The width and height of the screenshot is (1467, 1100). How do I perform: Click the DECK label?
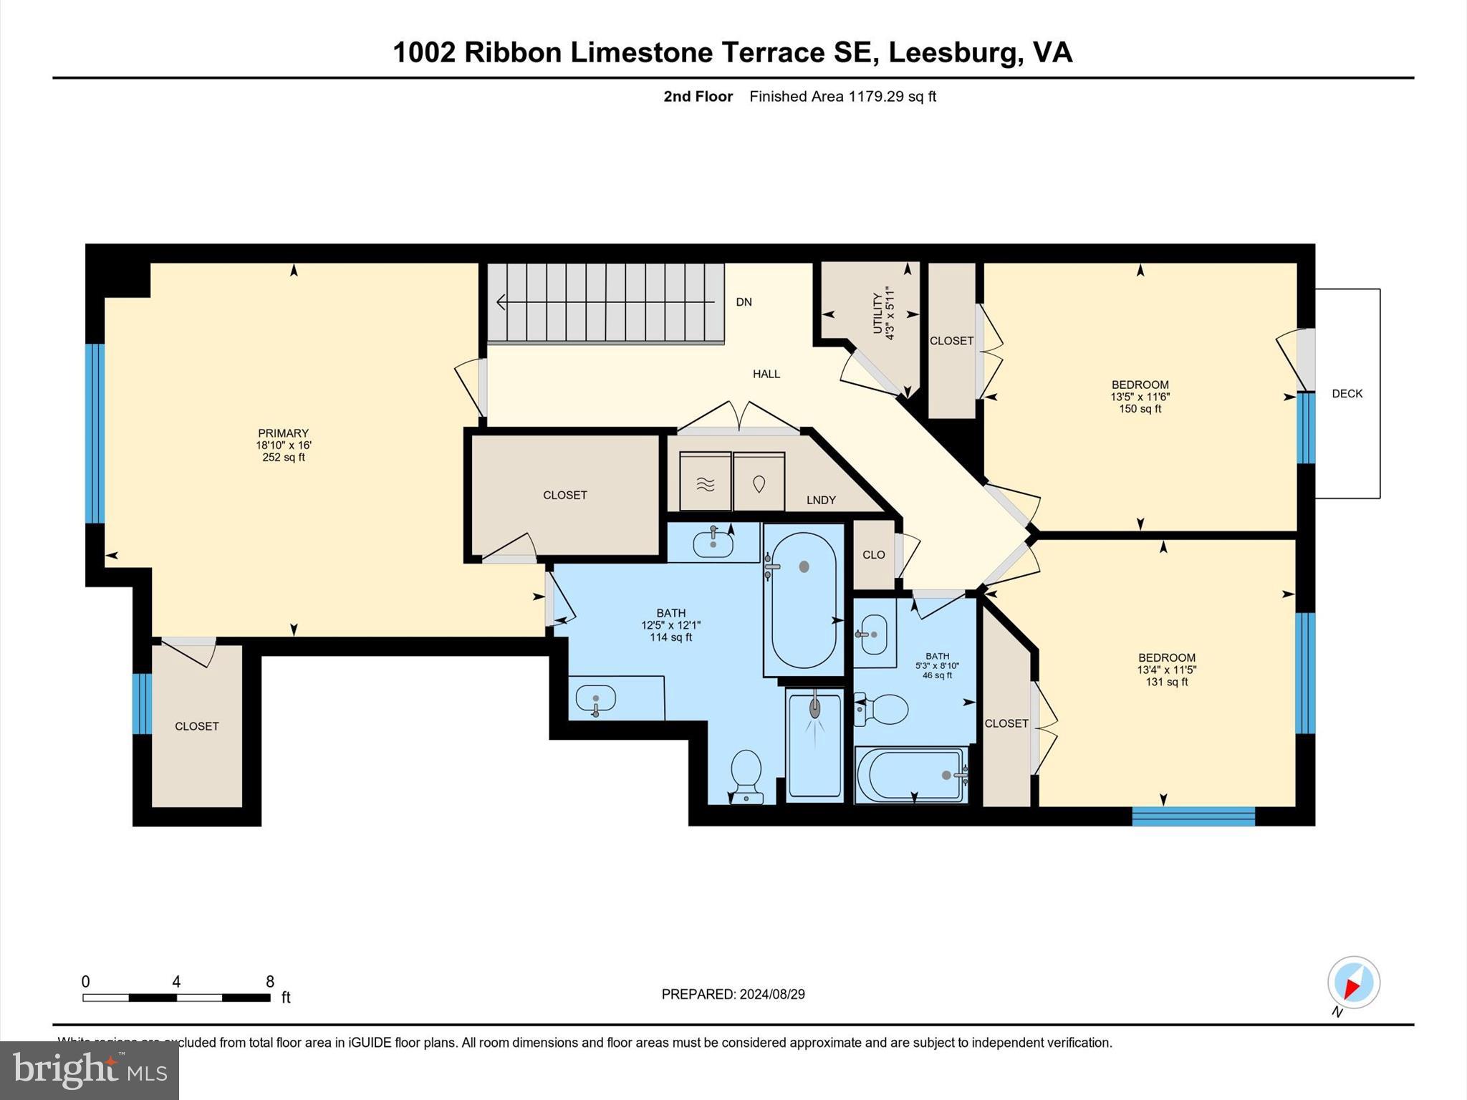tap(1347, 393)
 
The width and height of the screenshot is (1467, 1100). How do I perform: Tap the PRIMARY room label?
tap(283, 433)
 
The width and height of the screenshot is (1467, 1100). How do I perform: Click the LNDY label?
tap(821, 500)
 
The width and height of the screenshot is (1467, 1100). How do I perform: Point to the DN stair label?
tap(744, 301)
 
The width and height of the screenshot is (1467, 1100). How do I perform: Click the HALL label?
tap(766, 373)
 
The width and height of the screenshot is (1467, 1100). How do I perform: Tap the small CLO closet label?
tap(873, 554)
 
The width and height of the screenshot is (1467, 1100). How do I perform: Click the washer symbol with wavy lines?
tap(706, 483)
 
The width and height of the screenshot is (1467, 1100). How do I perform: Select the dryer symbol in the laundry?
tap(759, 483)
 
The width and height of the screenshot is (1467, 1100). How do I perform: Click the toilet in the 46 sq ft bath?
tap(882, 709)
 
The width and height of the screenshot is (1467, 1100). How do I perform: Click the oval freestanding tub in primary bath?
tap(804, 600)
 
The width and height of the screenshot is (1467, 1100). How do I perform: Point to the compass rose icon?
tap(1353, 983)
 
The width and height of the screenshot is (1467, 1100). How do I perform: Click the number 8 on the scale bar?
tap(270, 981)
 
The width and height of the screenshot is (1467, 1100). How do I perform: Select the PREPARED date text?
tap(733, 994)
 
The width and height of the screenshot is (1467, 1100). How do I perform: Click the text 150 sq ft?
tap(1140, 409)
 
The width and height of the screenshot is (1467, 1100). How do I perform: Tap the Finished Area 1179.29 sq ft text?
tap(842, 96)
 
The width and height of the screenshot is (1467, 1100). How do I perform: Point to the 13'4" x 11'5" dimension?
tap(1166, 670)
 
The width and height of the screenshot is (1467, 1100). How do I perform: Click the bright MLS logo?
tap(90, 1071)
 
